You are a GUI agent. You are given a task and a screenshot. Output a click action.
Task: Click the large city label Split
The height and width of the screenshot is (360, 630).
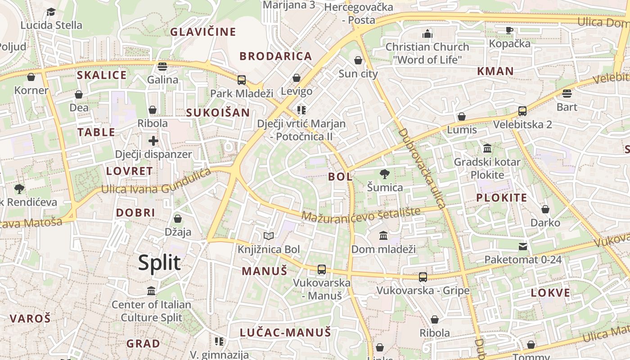point(159,263)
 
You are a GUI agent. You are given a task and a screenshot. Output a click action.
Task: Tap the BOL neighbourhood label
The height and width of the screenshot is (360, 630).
point(341,177)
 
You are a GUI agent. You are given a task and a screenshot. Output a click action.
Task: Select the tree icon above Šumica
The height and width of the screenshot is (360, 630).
point(385,174)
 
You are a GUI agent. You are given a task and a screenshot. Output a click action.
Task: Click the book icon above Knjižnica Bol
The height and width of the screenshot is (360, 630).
point(269,236)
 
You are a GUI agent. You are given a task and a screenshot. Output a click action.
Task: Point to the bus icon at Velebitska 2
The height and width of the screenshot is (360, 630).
point(522,111)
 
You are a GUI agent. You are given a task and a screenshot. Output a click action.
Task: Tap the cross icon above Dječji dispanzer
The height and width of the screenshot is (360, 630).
point(153,141)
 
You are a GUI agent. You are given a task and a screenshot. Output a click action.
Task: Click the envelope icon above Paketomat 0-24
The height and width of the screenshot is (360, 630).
point(523,246)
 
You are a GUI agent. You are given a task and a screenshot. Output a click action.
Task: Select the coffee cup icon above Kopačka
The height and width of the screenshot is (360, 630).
point(509,30)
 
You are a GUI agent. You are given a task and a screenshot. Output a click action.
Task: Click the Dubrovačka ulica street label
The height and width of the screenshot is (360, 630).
point(422,169)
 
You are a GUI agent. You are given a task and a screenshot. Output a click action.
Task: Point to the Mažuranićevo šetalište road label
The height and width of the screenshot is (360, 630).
point(361,214)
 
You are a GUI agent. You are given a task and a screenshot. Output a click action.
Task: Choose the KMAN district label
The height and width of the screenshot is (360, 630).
point(495,71)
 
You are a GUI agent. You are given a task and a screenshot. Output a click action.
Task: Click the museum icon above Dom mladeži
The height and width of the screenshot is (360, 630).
point(383,235)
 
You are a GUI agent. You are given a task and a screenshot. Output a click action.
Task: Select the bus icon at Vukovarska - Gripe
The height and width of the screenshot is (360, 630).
point(423,277)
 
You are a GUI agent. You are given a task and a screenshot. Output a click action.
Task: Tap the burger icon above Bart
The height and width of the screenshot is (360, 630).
point(567,94)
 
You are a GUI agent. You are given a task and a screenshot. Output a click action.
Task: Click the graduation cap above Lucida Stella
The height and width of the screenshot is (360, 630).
point(51,12)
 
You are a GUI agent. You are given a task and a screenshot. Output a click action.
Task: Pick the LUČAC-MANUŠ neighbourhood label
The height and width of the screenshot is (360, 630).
point(285,333)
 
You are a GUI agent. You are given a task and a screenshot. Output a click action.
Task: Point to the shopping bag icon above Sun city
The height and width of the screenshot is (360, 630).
point(358,60)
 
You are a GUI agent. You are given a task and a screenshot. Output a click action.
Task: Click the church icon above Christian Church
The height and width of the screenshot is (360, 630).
point(427,34)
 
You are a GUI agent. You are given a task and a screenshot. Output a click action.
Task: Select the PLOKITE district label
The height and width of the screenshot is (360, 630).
point(502,198)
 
